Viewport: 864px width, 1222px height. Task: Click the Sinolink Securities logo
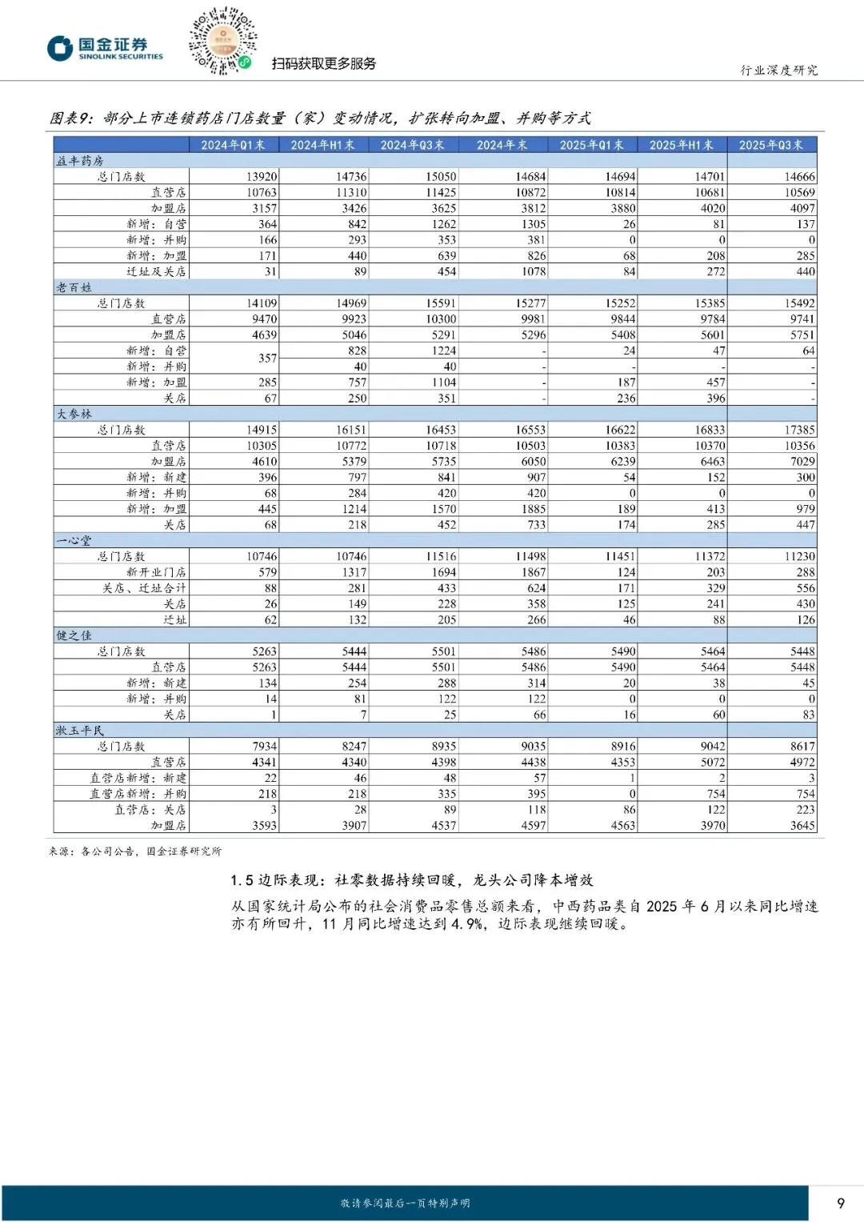pyautogui.click(x=105, y=48)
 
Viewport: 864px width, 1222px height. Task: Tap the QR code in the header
pyautogui.click(x=222, y=40)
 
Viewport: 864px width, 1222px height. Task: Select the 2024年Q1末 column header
pyautogui.click(x=233, y=145)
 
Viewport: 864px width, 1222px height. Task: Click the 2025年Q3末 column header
pyautogui.click(x=770, y=145)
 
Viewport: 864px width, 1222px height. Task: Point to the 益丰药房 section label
pyautogui.click(x=80, y=161)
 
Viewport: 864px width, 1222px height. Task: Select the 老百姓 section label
pyautogui.click(x=74, y=287)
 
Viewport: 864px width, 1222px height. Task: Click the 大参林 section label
pyautogui.click(x=74, y=414)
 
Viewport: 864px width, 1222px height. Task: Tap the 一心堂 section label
pyautogui.click(x=74, y=540)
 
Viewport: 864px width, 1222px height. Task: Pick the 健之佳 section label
pyautogui.click(x=74, y=635)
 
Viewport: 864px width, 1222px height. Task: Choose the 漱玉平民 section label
pyautogui.click(x=80, y=731)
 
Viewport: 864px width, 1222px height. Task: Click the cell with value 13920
pyautogui.click(x=262, y=177)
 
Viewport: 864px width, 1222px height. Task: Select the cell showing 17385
pyautogui.click(x=799, y=430)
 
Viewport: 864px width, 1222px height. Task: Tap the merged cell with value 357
pyautogui.click(x=267, y=359)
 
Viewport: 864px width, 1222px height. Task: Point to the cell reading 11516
pyautogui.click(x=441, y=556)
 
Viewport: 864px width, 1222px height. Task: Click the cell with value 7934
pyautogui.click(x=264, y=746)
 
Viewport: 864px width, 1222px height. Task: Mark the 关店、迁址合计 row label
pyautogui.click(x=144, y=588)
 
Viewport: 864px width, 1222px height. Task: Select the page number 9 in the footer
pyautogui.click(x=840, y=1203)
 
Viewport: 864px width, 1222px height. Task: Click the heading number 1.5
pyautogui.click(x=242, y=880)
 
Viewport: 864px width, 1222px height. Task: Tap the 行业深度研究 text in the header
pyautogui.click(x=778, y=70)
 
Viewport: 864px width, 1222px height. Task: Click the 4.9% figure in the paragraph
pyautogui.click(x=467, y=924)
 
